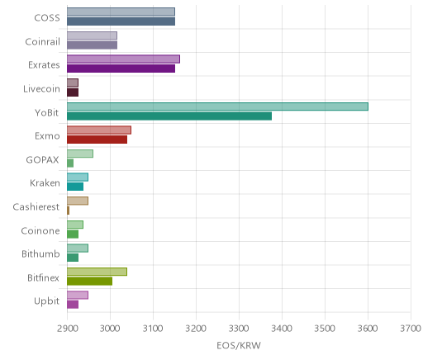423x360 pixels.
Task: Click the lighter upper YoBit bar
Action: tap(217, 107)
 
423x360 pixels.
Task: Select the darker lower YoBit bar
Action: tap(169, 116)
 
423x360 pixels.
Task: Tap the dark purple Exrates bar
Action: tap(121, 69)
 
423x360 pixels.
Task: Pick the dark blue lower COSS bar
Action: tap(121, 21)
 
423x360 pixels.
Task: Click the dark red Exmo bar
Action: tap(97, 140)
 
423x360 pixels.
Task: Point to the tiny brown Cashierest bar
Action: tap(68, 211)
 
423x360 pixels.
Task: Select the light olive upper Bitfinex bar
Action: tap(97, 272)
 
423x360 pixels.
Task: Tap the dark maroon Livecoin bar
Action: tap(73, 92)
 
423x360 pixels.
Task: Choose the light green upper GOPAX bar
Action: tap(80, 154)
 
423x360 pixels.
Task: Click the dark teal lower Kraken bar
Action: tap(75, 187)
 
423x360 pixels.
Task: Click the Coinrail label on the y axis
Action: tap(42, 41)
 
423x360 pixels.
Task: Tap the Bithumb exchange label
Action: tap(40, 253)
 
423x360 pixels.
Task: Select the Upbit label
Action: tap(46, 301)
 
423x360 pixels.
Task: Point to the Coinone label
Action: tap(40, 230)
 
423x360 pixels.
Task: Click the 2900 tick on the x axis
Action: tap(67, 329)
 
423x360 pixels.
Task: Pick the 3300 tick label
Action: tap(239, 329)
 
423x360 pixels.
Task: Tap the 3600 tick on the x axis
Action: tap(368, 329)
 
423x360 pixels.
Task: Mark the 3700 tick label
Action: tap(411, 329)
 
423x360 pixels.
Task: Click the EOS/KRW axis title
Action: tap(239, 345)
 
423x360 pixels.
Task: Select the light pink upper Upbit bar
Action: tap(78, 295)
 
